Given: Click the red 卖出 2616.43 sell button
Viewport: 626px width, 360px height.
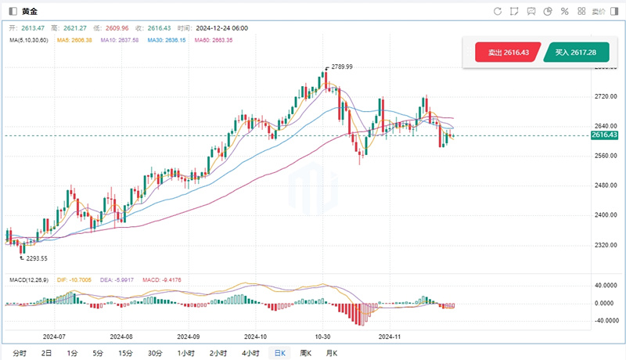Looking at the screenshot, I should pyautogui.click(x=508, y=52).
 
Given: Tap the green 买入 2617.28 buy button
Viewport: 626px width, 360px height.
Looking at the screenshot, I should pyautogui.click(x=576, y=52).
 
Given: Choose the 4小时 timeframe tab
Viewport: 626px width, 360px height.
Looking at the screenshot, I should pyautogui.click(x=250, y=353).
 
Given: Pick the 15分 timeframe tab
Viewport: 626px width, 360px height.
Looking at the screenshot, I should pyautogui.click(x=125, y=353).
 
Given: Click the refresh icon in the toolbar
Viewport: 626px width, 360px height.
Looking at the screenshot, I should pyautogui.click(x=498, y=12).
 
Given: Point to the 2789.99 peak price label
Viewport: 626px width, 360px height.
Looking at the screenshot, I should pyautogui.click(x=342, y=67).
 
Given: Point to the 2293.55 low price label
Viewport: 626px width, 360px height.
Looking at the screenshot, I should pyautogui.click(x=34, y=258).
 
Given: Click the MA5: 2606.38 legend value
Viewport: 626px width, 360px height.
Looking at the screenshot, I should pyautogui.click(x=74, y=39).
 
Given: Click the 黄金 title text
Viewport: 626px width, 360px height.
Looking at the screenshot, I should pyautogui.click(x=29, y=12).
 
